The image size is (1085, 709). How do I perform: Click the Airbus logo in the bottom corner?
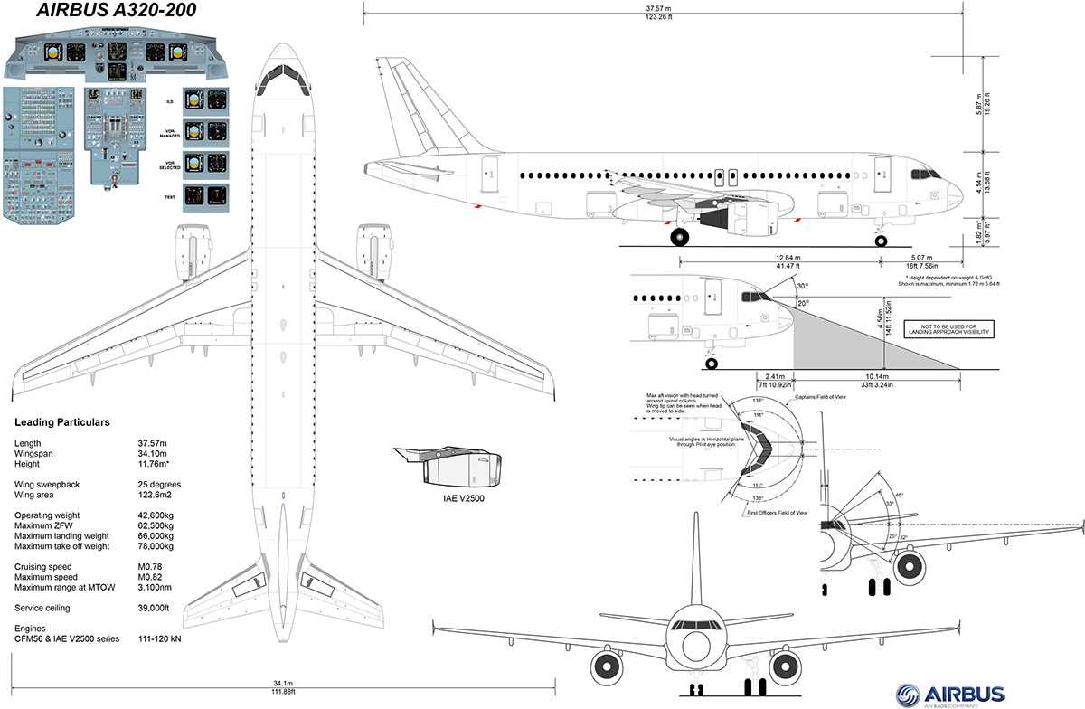[949, 694]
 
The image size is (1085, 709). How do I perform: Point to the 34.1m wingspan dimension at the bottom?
[282, 684]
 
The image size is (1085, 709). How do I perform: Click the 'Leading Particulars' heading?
[62, 422]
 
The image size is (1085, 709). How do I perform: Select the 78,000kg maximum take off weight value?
[155, 546]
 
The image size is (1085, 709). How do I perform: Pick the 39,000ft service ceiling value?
[153, 608]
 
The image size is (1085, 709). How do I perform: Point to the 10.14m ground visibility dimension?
[875, 377]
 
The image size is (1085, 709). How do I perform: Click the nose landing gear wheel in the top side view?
[881, 239]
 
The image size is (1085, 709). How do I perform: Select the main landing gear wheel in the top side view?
[679, 237]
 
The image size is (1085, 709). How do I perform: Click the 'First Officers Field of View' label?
[777, 513]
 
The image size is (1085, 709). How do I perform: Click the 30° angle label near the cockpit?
[801, 287]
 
